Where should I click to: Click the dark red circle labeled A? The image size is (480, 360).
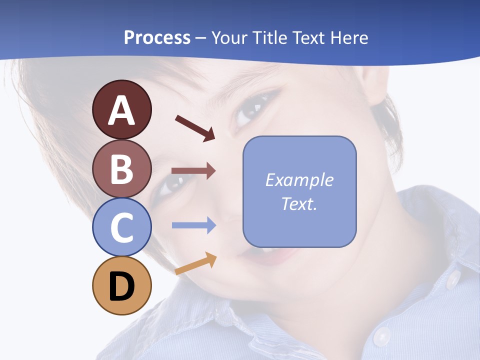(121, 109)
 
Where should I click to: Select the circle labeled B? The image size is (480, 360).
(121, 168)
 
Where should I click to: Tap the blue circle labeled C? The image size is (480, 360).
(121, 227)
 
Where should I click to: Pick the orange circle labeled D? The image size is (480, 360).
(121, 286)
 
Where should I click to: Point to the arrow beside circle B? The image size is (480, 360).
(193, 171)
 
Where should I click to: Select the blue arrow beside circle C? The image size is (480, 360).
(193, 225)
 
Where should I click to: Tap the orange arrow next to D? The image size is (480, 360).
(195, 264)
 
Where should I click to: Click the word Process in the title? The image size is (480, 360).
(157, 37)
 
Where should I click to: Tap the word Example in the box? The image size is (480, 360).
(299, 180)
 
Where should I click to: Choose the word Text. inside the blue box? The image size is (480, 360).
(299, 203)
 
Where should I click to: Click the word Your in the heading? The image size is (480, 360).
(229, 37)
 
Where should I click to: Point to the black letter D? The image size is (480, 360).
(121, 287)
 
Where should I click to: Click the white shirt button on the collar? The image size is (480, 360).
(453, 279)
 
